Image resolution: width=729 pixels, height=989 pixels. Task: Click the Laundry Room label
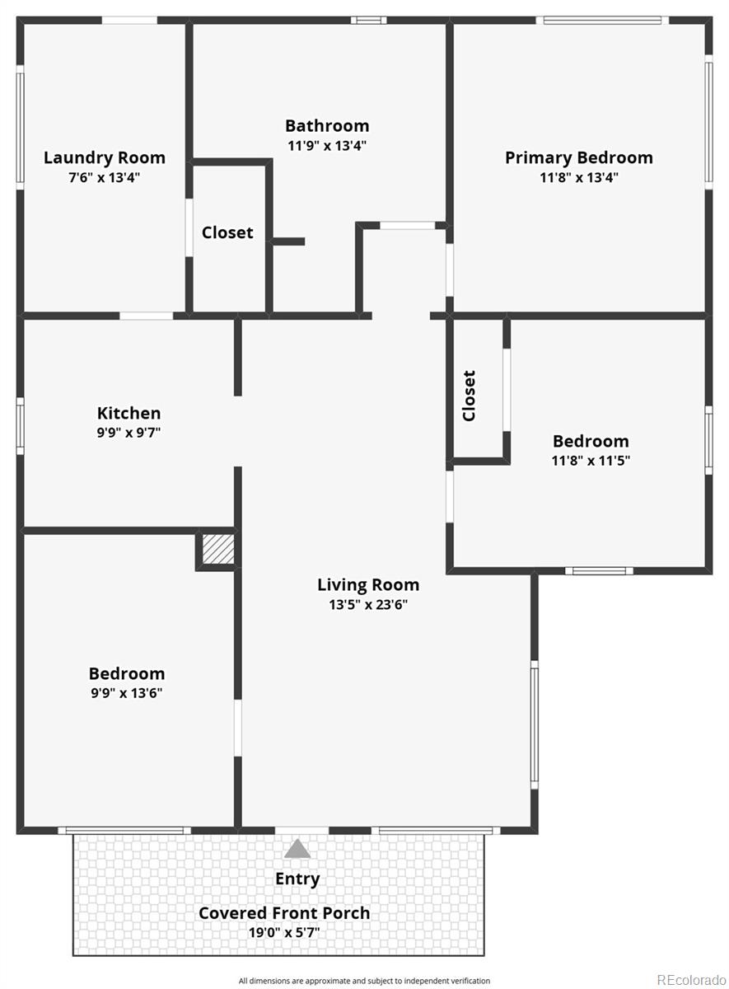coord(105,157)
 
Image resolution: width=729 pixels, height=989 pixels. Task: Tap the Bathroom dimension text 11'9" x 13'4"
coord(327,146)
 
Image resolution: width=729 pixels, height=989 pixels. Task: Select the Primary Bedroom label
coord(579,157)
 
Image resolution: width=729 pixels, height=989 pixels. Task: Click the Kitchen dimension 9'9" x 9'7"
coord(129,432)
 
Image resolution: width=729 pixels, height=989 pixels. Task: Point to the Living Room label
coord(368,585)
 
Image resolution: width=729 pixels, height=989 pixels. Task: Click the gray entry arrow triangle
coord(297,849)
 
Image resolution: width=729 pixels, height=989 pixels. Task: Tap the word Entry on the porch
coord(297,879)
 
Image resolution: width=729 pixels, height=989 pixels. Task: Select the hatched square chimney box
coord(218,549)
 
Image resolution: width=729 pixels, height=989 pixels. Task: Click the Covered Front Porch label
coord(284,913)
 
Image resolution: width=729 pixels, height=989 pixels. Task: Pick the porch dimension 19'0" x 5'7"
coord(284,933)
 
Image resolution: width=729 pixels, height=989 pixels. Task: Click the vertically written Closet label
coord(469,396)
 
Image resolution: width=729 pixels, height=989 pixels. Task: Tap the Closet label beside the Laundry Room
coord(227,232)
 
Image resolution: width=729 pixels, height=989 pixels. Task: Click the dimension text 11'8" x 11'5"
coord(591,461)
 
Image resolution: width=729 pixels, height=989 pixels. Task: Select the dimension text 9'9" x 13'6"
coord(127,693)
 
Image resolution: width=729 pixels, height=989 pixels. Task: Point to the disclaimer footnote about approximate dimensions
coord(364,981)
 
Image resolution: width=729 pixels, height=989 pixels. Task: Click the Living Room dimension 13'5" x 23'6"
coord(368,605)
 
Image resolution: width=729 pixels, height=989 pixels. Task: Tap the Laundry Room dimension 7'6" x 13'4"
coord(104,178)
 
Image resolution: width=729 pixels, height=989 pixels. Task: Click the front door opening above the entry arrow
coord(301,831)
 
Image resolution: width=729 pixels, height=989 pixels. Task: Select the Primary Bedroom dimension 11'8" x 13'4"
coord(579,178)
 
